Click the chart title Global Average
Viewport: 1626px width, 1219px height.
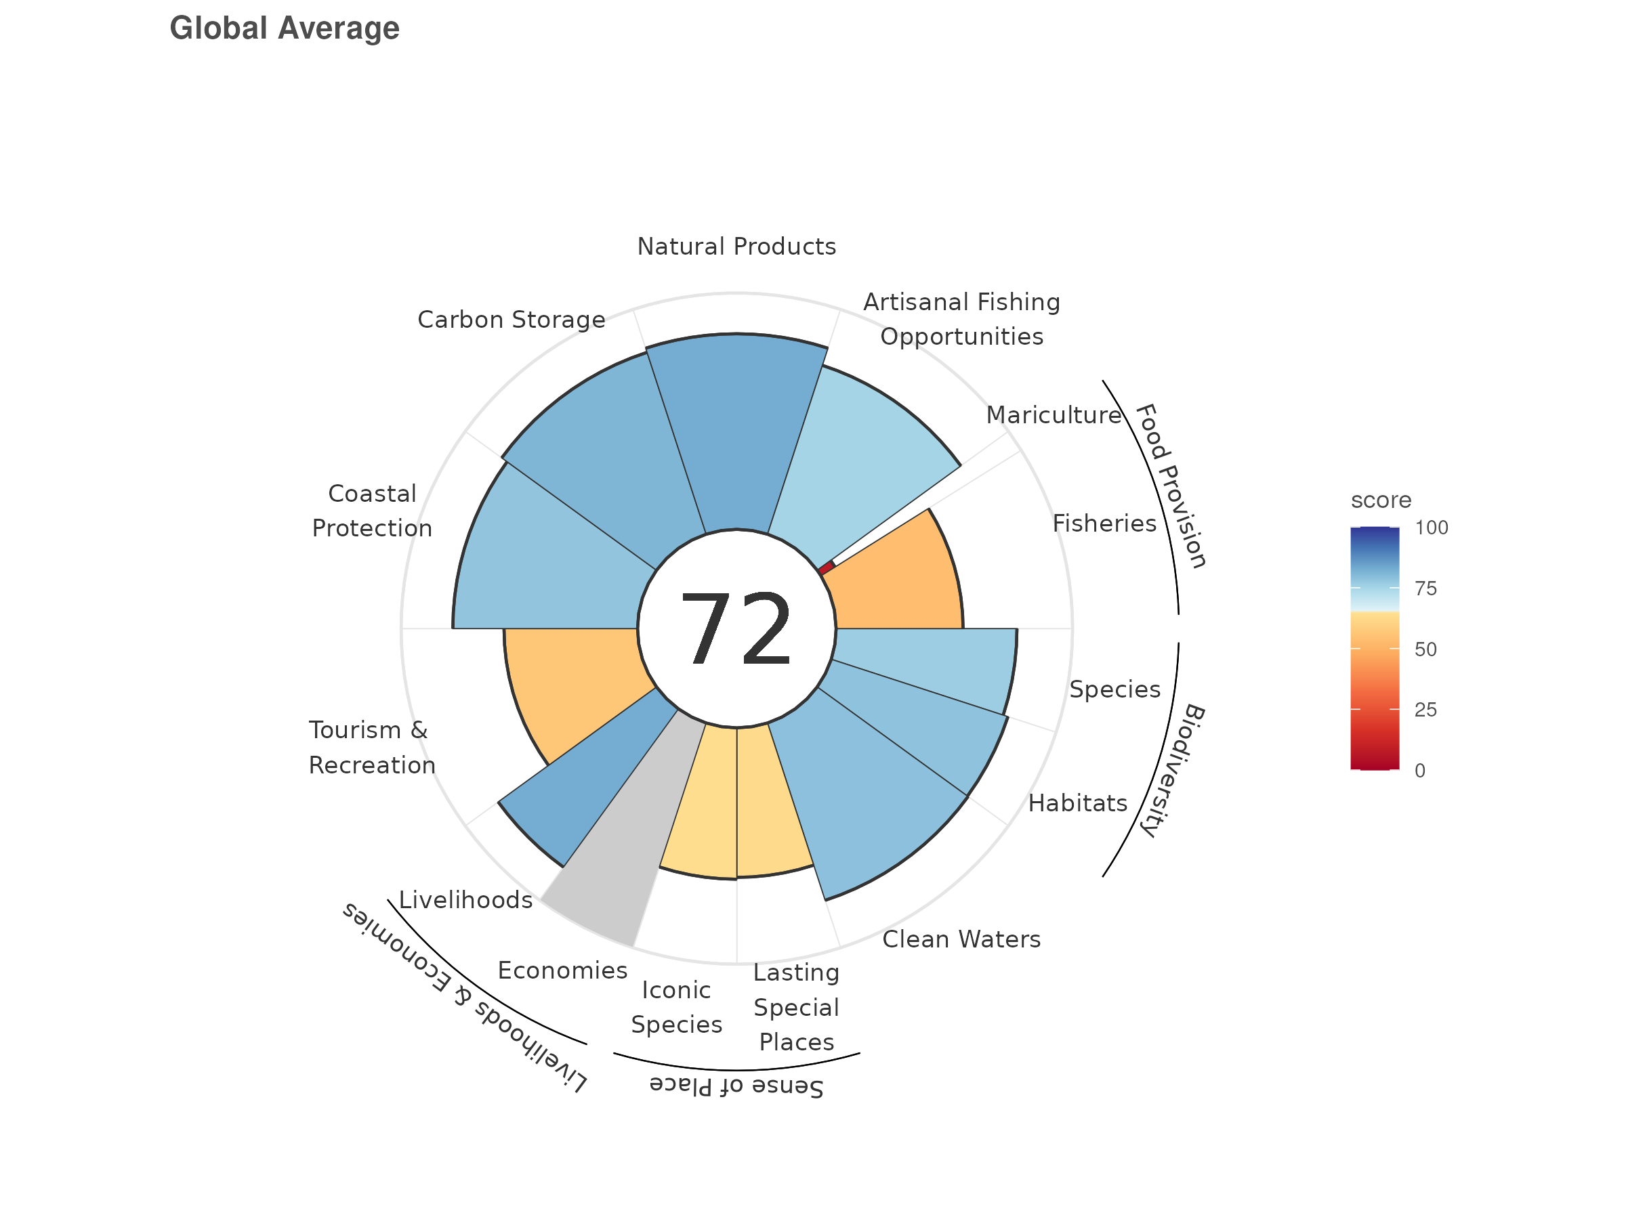[x=285, y=28]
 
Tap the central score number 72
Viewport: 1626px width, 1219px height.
[x=736, y=630]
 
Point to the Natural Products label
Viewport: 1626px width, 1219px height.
[x=736, y=246]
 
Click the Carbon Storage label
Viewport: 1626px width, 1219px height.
[x=511, y=320]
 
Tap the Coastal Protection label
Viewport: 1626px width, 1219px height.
[x=372, y=511]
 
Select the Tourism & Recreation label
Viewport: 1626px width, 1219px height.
[x=371, y=747]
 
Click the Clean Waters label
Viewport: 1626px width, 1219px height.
[x=961, y=939]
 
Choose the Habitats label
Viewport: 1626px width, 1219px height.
[x=1077, y=803]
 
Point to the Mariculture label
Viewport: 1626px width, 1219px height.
[x=1054, y=415]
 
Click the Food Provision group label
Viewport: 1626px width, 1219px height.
[x=1170, y=486]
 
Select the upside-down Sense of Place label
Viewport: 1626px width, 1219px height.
[x=736, y=1086]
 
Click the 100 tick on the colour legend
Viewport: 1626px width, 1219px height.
[x=1431, y=528]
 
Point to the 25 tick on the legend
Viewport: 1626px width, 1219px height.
[x=1425, y=710]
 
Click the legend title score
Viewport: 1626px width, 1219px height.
[x=1381, y=500]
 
